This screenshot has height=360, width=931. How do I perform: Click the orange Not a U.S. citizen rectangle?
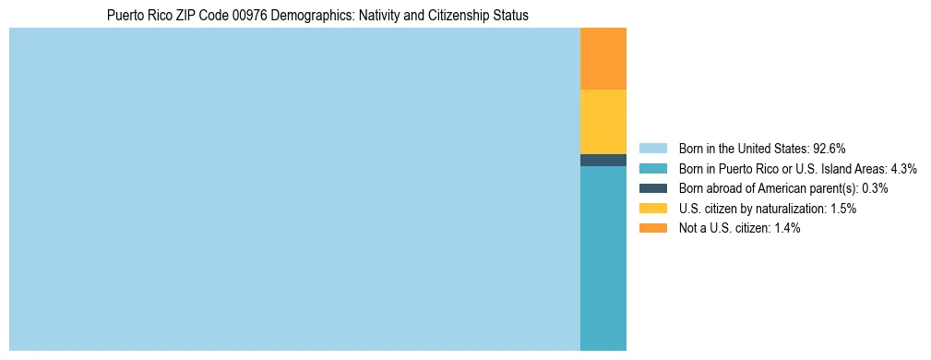coord(603,59)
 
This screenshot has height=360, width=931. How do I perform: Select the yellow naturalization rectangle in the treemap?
coord(603,122)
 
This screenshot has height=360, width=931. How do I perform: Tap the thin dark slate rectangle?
coord(603,160)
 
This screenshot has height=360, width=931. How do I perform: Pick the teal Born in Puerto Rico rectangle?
coord(603,258)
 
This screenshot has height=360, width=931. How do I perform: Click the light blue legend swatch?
coord(652,148)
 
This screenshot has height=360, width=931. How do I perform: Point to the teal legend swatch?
coord(652,168)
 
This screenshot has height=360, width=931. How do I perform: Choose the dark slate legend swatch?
coord(652,188)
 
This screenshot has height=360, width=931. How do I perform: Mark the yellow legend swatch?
coord(652,209)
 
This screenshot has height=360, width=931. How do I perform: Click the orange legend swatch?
coord(652,229)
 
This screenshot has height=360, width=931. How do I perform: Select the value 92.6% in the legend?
coord(830,148)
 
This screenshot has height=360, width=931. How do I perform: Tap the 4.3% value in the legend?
coord(903,168)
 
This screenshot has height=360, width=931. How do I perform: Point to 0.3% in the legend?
coord(875,188)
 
